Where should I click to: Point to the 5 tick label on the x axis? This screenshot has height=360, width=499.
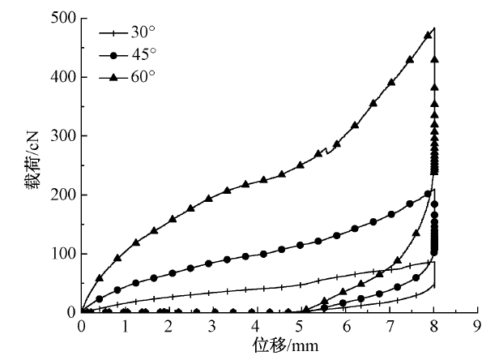[301, 326]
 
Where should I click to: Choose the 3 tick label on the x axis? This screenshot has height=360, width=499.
[213, 326]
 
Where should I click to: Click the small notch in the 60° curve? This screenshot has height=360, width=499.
[326, 150]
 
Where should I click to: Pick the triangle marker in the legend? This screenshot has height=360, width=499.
[113, 76]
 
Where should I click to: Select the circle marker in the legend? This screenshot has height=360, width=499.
[113, 54]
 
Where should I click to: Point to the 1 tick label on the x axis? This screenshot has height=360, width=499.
[126, 326]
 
